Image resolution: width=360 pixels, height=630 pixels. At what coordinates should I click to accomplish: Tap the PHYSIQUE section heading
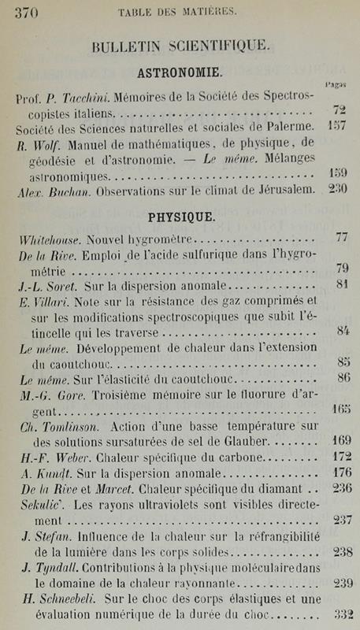pyautogui.click(x=180, y=215)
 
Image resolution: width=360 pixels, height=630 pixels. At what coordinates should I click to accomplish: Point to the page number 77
pyautogui.click(x=341, y=236)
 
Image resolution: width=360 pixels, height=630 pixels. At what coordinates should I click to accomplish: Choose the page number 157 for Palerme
pyautogui.click(x=339, y=126)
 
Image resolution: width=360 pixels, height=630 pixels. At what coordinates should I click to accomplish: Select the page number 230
pyautogui.click(x=339, y=190)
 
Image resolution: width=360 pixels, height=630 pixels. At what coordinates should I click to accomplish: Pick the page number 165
pyautogui.click(x=340, y=409)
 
